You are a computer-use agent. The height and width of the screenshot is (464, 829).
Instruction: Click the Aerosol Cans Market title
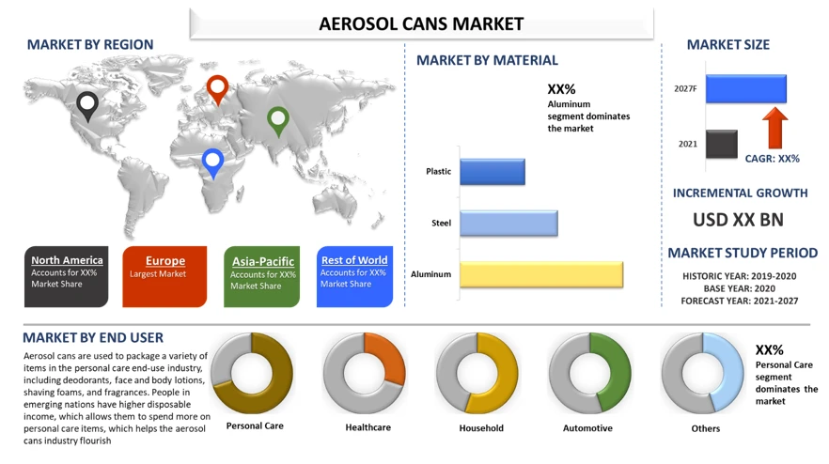(421, 23)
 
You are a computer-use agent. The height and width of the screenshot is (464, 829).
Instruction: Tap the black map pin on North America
(87, 105)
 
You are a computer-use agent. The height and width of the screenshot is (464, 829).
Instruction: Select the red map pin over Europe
(217, 89)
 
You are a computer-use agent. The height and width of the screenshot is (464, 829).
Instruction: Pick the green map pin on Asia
(277, 119)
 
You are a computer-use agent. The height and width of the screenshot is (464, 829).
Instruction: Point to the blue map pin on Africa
(213, 162)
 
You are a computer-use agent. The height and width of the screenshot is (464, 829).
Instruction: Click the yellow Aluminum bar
(540, 274)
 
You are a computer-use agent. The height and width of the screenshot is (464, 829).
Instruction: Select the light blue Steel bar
(508, 224)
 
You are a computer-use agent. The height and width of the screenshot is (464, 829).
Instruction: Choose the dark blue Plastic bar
(492, 172)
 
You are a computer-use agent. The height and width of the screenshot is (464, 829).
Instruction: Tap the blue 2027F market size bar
(745, 89)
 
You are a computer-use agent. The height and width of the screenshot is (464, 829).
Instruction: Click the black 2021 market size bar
(722, 144)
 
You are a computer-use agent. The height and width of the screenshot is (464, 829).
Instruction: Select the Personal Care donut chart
(252, 374)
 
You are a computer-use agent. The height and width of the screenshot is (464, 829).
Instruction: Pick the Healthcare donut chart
(365, 374)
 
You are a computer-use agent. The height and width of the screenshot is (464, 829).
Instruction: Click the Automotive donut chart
(589, 374)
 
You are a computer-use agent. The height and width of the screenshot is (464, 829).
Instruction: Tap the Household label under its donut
(481, 428)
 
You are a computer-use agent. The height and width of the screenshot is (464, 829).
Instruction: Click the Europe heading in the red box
(165, 260)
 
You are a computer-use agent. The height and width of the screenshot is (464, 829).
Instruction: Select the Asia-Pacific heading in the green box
(263, 261)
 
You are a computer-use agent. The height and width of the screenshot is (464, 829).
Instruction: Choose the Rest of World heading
(354, 260)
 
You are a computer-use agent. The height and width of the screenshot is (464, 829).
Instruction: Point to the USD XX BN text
(739, 221)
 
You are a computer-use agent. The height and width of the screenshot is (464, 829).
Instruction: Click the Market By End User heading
(93, 337)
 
